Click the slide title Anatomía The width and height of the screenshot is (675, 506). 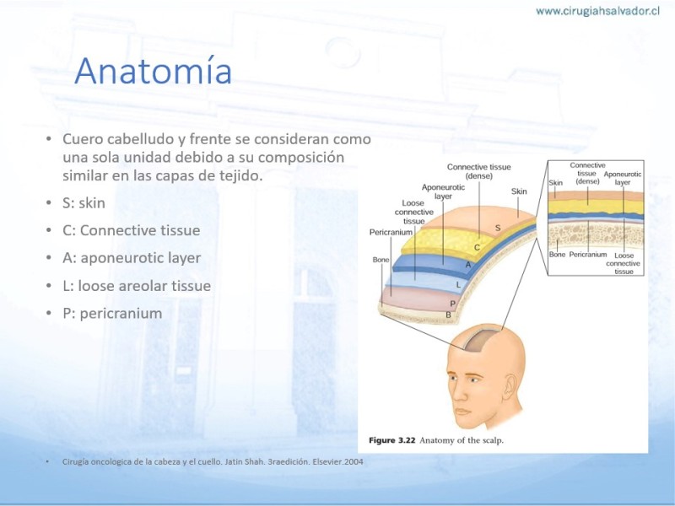coord(154,70)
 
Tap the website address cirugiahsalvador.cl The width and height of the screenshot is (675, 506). coord(597,11)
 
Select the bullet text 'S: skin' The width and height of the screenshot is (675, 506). coord(84,202)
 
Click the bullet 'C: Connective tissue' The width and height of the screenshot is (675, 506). coord(132,230)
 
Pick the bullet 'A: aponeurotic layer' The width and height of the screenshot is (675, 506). coord(132,258)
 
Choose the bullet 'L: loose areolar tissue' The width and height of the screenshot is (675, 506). coord(137,286)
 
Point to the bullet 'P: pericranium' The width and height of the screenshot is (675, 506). coord(112,313)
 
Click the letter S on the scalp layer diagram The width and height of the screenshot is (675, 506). coord(498,228)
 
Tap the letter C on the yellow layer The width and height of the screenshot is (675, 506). coord(477,247)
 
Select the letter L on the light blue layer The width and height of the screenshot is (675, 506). coord(458,284)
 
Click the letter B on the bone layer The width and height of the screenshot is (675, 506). coord(448,315)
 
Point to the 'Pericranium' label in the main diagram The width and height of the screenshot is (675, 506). coord(391,233)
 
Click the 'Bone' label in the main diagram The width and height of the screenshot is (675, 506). coord(381,260)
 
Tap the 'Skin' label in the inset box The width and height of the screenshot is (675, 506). coord(556,183)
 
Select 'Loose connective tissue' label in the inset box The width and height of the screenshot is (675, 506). coord(624,263)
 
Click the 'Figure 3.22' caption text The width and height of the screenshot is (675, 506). coord(392,440)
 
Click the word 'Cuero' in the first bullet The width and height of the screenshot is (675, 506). coord(83,139)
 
